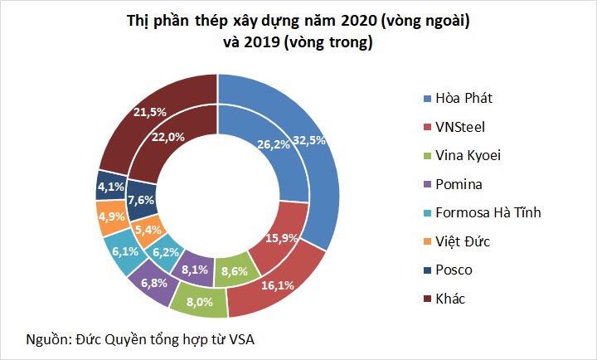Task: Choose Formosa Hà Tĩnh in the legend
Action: pos(488,212)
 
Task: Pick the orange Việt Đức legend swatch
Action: pos(427,241)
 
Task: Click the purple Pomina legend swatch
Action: pos(427,184)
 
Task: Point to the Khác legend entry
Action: pos(451,298)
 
